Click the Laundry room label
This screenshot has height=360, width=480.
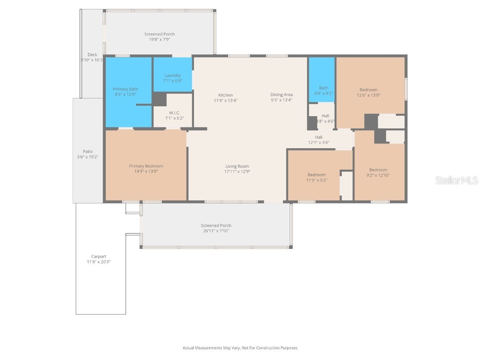click(x=172, y=75)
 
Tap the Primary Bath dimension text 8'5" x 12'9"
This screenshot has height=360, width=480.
click(x=126, y=95)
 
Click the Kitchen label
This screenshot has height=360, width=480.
click(x=225, y=95)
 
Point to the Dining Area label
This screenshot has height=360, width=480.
click(x=281, y=95)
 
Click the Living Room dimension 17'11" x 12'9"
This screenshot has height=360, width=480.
click(x=237, y=172)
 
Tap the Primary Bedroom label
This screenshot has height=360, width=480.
click(x=146, y=166)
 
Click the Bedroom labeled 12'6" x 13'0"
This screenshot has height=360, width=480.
click(x=368, y=90)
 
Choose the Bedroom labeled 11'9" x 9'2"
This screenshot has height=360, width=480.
click(x=316, y=175)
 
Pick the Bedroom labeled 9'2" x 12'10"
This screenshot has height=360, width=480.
click(x=378, y=170)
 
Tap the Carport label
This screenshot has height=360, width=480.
click(x=98, y=256)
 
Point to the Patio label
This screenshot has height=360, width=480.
click(x=88, y=151)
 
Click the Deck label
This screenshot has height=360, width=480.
click(x=92, y=55)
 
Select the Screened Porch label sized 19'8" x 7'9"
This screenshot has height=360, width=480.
click(x=159, y=34)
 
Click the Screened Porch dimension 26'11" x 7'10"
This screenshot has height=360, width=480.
click(x=216, y=231)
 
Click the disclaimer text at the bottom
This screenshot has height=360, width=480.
click(x=240, y=348)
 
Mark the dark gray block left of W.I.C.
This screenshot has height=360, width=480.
click(x=159, y=99)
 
